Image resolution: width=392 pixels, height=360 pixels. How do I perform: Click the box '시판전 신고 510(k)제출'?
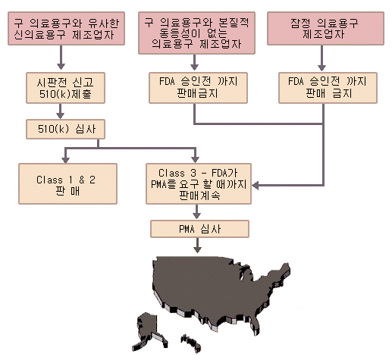coord(65,88)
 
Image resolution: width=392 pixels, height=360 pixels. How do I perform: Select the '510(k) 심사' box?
coord(65,129)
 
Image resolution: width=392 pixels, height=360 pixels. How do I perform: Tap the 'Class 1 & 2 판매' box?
coord(67,183)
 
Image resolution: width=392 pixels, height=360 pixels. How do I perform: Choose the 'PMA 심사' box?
coord(199,229)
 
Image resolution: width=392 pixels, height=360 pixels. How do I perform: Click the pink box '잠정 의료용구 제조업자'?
coord(325,28)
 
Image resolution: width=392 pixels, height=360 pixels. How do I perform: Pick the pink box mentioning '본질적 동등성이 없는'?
coord(196,33)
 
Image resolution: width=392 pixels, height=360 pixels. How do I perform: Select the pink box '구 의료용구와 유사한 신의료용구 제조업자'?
coord(66,28)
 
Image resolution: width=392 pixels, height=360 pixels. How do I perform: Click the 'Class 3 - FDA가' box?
coord(199,183)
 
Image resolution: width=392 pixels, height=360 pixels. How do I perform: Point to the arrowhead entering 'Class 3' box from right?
coord(256,186)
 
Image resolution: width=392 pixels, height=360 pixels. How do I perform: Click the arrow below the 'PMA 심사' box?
coord(197,246)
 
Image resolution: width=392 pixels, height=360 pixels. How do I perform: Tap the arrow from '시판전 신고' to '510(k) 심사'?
coord(60,111)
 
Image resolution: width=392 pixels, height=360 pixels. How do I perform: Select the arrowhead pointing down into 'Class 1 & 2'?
coord(65,159)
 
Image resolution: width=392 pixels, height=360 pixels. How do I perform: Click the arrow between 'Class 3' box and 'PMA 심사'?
coord(197,211)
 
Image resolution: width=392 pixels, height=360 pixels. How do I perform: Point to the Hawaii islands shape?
coord(191,343)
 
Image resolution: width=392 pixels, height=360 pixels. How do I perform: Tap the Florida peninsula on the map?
coord(256,324)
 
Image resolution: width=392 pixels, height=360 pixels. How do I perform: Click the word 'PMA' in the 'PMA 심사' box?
coord(187,229)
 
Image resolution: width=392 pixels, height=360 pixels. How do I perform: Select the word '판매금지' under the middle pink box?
coord(197,93)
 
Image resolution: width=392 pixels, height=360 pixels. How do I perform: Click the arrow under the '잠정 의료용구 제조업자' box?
coord(321,58)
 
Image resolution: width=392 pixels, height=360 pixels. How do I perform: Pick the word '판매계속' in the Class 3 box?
coord(200,196)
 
